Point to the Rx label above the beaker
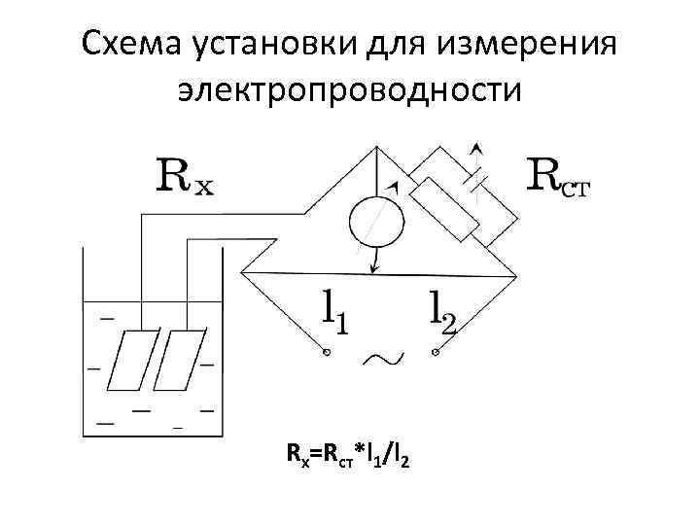tap(186, 177)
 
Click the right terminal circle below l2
tap(437, 353)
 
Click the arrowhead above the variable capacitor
tap(475, 149)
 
